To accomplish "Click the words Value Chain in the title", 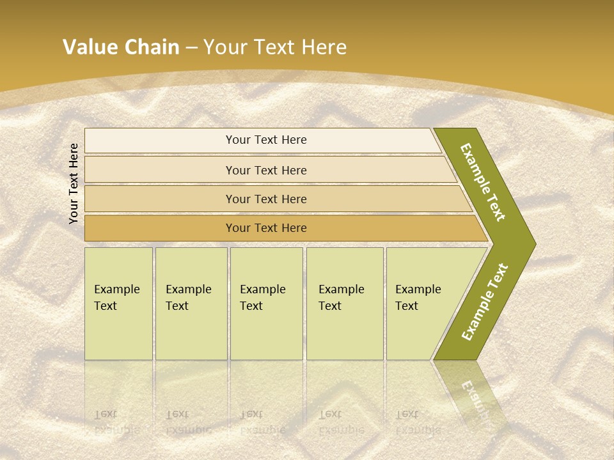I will tap(121, 47).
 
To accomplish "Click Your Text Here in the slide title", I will tap(275, 47).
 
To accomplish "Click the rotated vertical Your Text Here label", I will tap(74, 183).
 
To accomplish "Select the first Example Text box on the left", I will tap(118, 303).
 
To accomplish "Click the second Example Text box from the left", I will tap(191, 303).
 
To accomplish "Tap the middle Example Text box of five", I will tap(266, 303).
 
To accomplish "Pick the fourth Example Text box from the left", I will tap(345, 303).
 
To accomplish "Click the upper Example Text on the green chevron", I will tap(484, 182).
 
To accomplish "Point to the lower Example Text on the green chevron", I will tap(485, 302).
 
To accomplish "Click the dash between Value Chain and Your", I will tap(191, 48).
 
